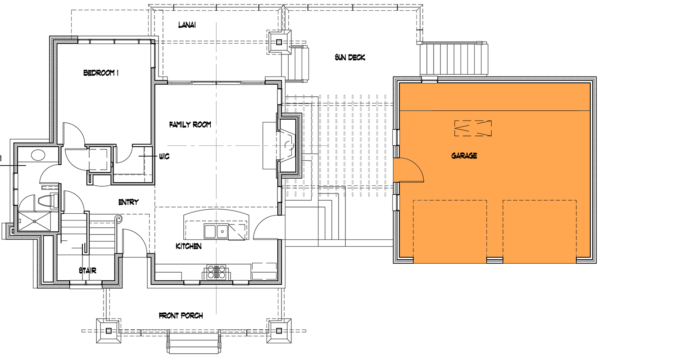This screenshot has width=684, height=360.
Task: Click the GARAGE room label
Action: [x=464, y=156]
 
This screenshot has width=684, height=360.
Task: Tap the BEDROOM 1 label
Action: [x=101, y=73]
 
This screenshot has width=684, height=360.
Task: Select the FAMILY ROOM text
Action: [x=190, y=125]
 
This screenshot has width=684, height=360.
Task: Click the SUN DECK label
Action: [x=349, y=58]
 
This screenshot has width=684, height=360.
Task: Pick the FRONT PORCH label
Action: [x=181, y=316]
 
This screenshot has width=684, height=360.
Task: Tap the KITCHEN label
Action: [x=188, y=247]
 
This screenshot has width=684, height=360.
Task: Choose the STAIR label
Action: [x=87, y=270]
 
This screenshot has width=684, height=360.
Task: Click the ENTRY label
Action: [x=128, y=202]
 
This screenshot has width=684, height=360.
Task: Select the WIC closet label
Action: [x=163, y=156]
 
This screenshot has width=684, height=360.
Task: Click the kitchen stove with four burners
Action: [x=217, y=272]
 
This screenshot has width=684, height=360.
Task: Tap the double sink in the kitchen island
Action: [x=216, y=232]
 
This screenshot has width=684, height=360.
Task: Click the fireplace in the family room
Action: [x=287, y=145]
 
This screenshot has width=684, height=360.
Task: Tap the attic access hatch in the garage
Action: [x=473, y=128]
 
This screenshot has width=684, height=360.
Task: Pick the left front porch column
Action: [x=109, y=331]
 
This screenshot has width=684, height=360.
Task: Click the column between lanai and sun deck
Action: [x=279, y=43]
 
